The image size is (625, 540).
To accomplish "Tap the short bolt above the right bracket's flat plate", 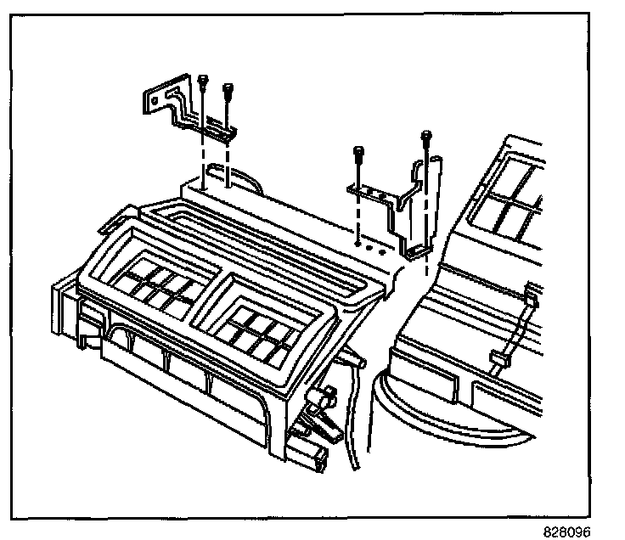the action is (358, 155).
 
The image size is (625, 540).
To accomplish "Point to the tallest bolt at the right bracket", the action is (426, 136).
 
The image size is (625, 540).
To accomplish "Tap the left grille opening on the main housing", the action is (160, 284).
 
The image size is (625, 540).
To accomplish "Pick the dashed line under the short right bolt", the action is (358, 208).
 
